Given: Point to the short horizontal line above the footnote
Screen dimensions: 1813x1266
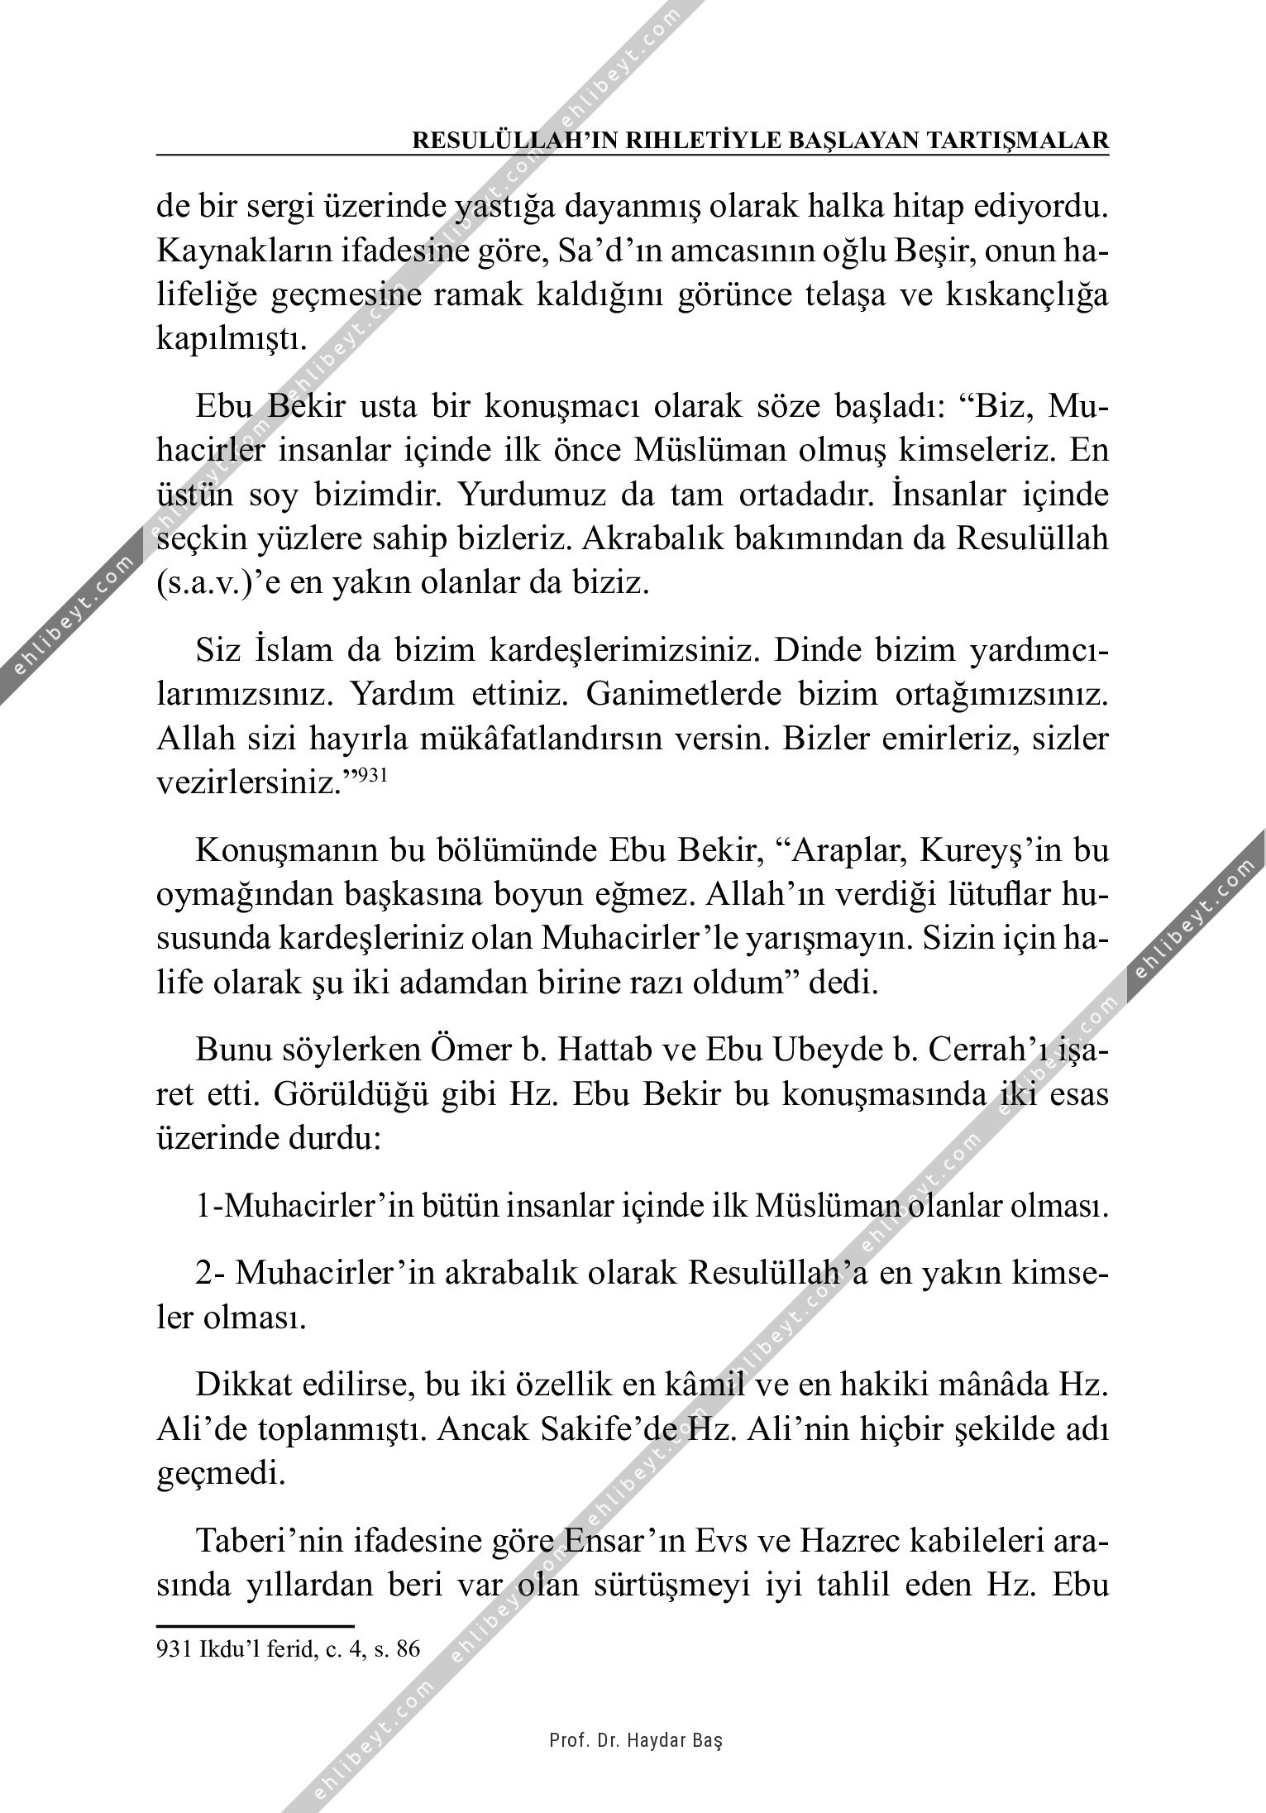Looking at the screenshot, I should click(x=255, y=1625).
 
